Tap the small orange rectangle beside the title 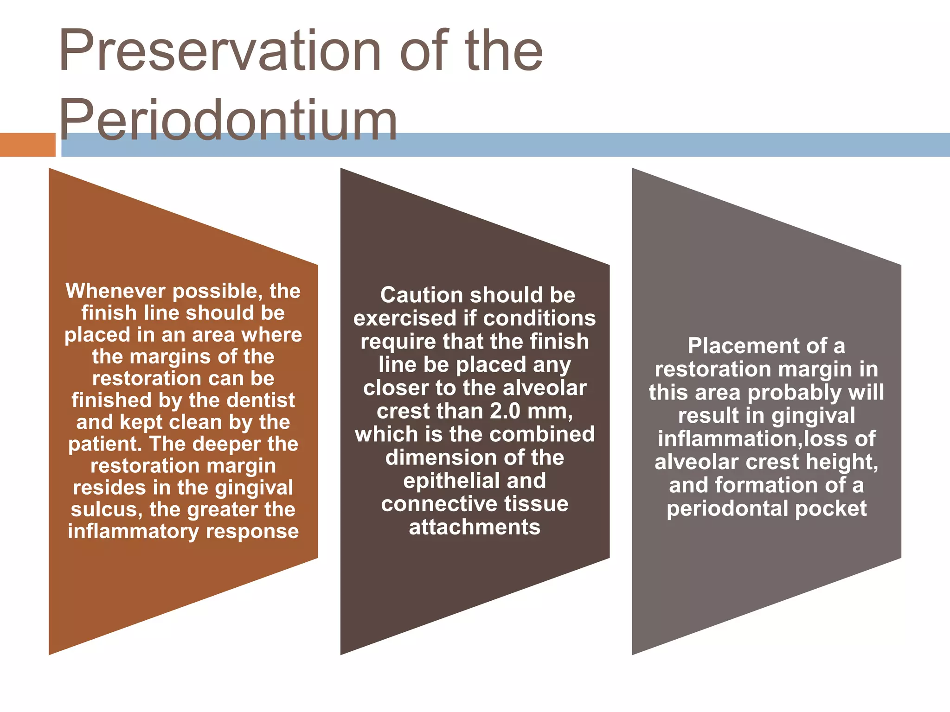(x=27, y=145)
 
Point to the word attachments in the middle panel (x=475, y=527)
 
